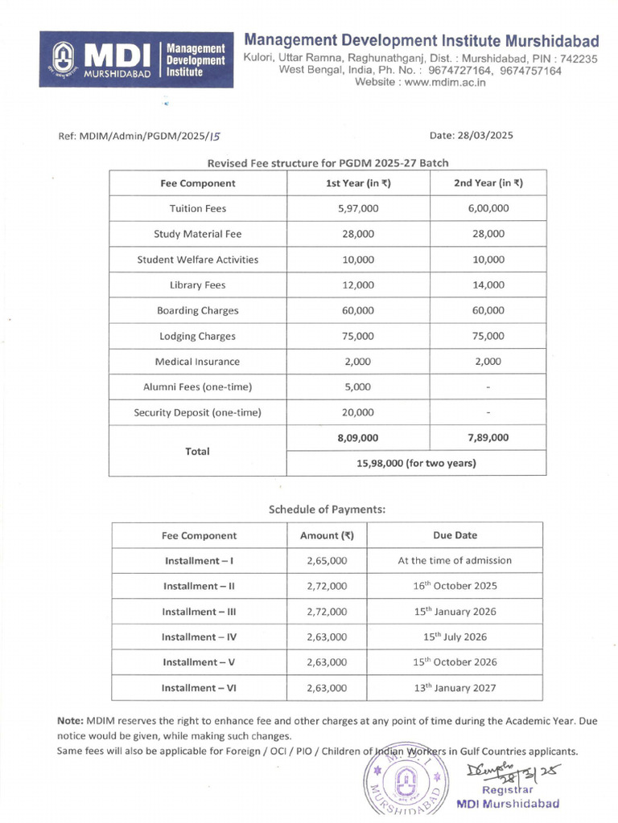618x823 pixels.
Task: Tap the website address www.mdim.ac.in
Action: (418, 82)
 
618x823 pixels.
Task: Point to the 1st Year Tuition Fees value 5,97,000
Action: (358, 208)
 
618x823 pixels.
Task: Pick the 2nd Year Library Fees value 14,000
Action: (488, 285)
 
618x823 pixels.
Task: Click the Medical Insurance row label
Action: (197, 362)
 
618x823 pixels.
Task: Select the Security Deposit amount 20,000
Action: (358, 412)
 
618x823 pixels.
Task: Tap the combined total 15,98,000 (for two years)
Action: (416, 463)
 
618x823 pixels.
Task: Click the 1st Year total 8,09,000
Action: (358, 438)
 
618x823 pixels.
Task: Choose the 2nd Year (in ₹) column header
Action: (488, 182)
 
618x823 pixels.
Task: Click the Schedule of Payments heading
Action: (327, 509)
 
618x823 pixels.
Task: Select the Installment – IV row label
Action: (199, 637)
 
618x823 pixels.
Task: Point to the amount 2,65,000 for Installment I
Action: (327, 560)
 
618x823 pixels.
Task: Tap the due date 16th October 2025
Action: (455, 586)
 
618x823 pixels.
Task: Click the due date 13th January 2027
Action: (455, 688)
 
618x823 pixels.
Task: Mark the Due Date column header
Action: (455, 535)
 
